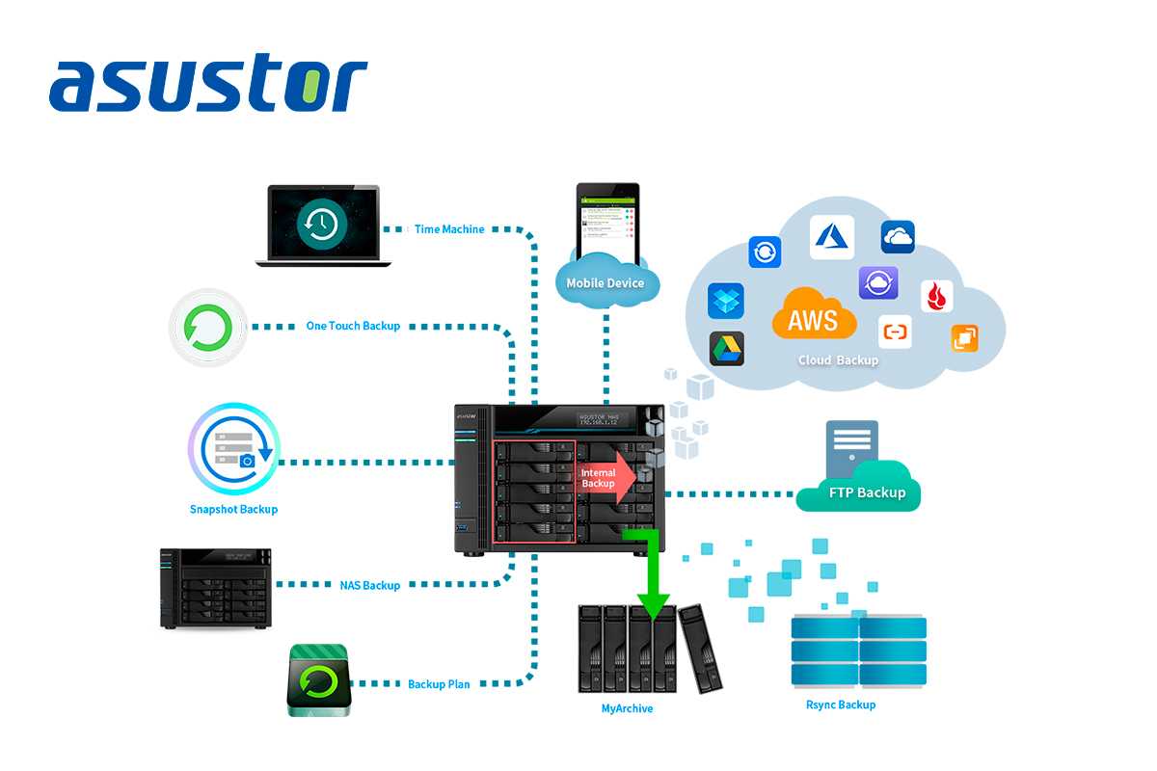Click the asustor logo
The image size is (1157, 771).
pyautogui.click(x=208, y=85)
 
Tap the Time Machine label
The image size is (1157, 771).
pyautogui.click(x=449, y=229)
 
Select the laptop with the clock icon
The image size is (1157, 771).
pyautogui.click(x=323, y=226)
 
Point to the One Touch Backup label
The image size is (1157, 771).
pyautogui.click(x=353, y=326)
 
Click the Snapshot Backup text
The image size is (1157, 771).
pyautogui.click(x=233, y=509)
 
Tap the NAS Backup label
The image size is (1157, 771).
pyautogui.click(x=369, y=585)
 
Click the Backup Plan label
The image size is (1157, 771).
pyautogui.click(x=439, y=684)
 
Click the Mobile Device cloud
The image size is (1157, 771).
pyautogui.click(x=605, y=282)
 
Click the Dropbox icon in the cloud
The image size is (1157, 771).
pyautogui.click(x=726, y=301)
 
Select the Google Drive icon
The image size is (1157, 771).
pyautogui.click(x=726, y=348)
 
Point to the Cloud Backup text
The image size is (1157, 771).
pyautogui.click(x=838, y=360)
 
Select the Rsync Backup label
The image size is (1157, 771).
pyautogui.click(x=841, y=705)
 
